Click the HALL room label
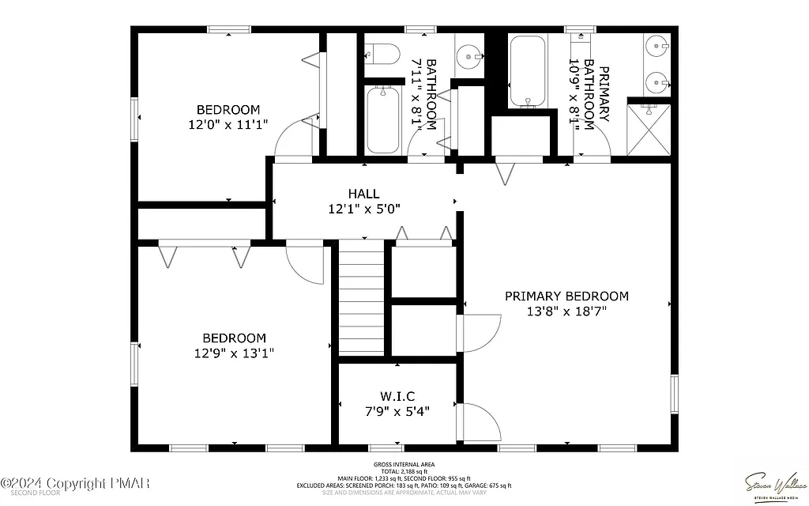[x=364, y=194]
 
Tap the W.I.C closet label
[x=397, y=395]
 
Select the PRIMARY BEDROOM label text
[x=566, y=296]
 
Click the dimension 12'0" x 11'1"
[x=228, y=124]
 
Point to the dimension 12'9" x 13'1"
[x=234, y=353]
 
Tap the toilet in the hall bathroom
[x=383, y=55]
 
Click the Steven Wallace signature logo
[x=773, y=483]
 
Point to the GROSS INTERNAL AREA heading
[x=404, y=464]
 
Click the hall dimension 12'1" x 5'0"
[x=364, y=210]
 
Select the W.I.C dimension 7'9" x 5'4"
[x=397, y=411]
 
